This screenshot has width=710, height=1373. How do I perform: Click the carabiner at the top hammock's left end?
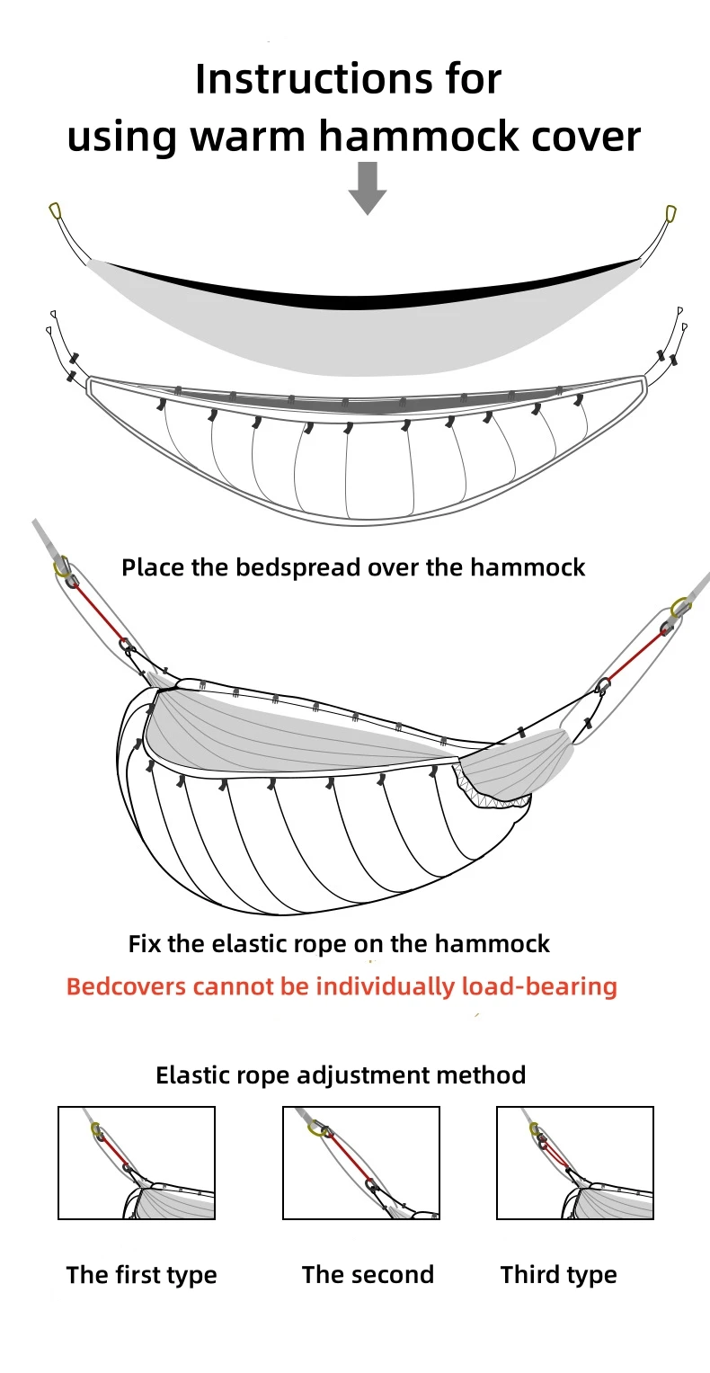pos(56,211)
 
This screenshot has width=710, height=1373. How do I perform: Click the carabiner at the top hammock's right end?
pos(670,213)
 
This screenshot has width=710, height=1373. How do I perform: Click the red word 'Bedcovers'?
pos(127,986)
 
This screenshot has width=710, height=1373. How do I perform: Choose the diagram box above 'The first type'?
pos(137,1163)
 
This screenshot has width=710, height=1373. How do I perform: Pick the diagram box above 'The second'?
pos(361,1163)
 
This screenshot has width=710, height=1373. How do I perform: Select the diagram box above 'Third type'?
pos(575,1163)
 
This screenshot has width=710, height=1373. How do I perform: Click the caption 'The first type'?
pos(141,1275)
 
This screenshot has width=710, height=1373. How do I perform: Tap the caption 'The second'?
pos(368,1275)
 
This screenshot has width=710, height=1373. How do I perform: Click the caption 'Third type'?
pos(559,1275)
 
